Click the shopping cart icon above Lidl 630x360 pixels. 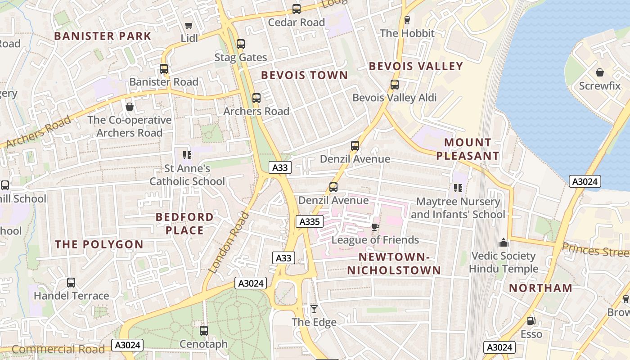click(189, 26)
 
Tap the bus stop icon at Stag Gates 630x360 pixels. click(241, 44)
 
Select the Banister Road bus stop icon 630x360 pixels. click(164, 69)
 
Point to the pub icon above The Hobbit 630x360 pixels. click(407, 20)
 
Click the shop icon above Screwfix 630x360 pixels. click(599, 72)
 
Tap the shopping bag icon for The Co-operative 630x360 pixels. click(130, 107)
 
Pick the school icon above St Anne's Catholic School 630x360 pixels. click(187, 155)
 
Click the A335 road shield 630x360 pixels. click(309, 221)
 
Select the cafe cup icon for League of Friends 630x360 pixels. click(375, 227)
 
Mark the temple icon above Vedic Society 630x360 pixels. click(504, 243)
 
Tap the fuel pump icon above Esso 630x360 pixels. click(531, 321)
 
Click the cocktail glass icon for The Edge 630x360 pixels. click(314, 309)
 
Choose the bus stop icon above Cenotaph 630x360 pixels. click(204, 331)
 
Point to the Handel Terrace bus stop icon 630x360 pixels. click(71, 283)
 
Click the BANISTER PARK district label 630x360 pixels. click(103, 36)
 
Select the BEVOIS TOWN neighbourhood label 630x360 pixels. click(305, 75)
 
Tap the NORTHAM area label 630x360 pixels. click(540, 288)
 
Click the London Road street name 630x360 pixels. click(229, 243)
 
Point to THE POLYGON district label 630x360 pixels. click(99, 245)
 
